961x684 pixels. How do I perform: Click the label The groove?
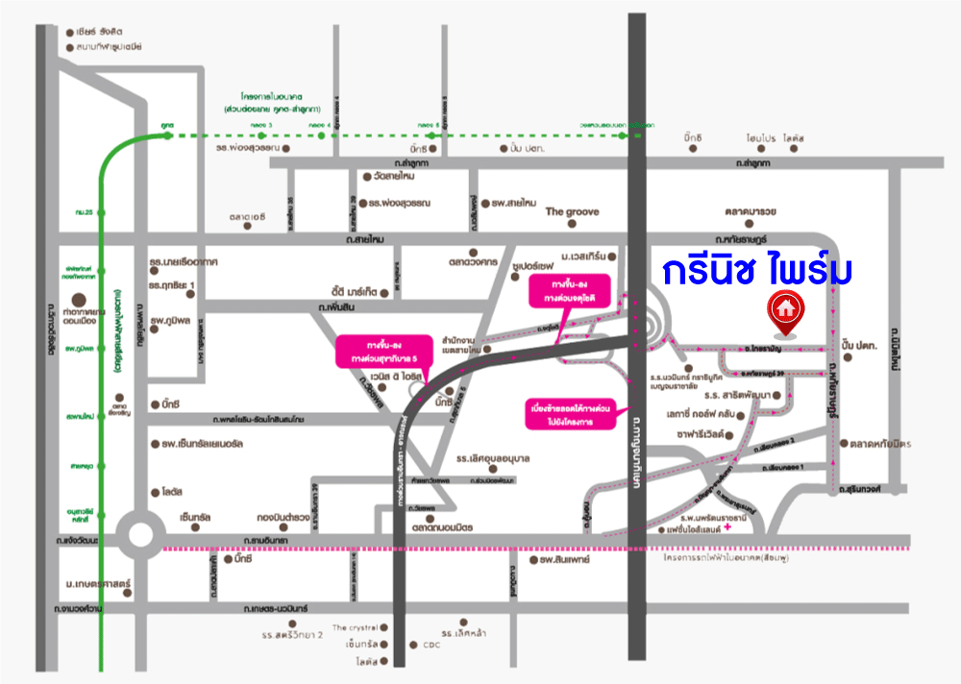coord(572,211)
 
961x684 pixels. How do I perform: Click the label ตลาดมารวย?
coord(752,211)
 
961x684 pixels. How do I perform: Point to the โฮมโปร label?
coord(759,137)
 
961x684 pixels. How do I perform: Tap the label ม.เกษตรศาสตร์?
coord(97,584)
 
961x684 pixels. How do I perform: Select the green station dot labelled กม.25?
coord(102,210)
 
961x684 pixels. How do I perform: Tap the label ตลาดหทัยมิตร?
coord(879,444)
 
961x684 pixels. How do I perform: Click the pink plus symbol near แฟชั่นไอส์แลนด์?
coord(728,526)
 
